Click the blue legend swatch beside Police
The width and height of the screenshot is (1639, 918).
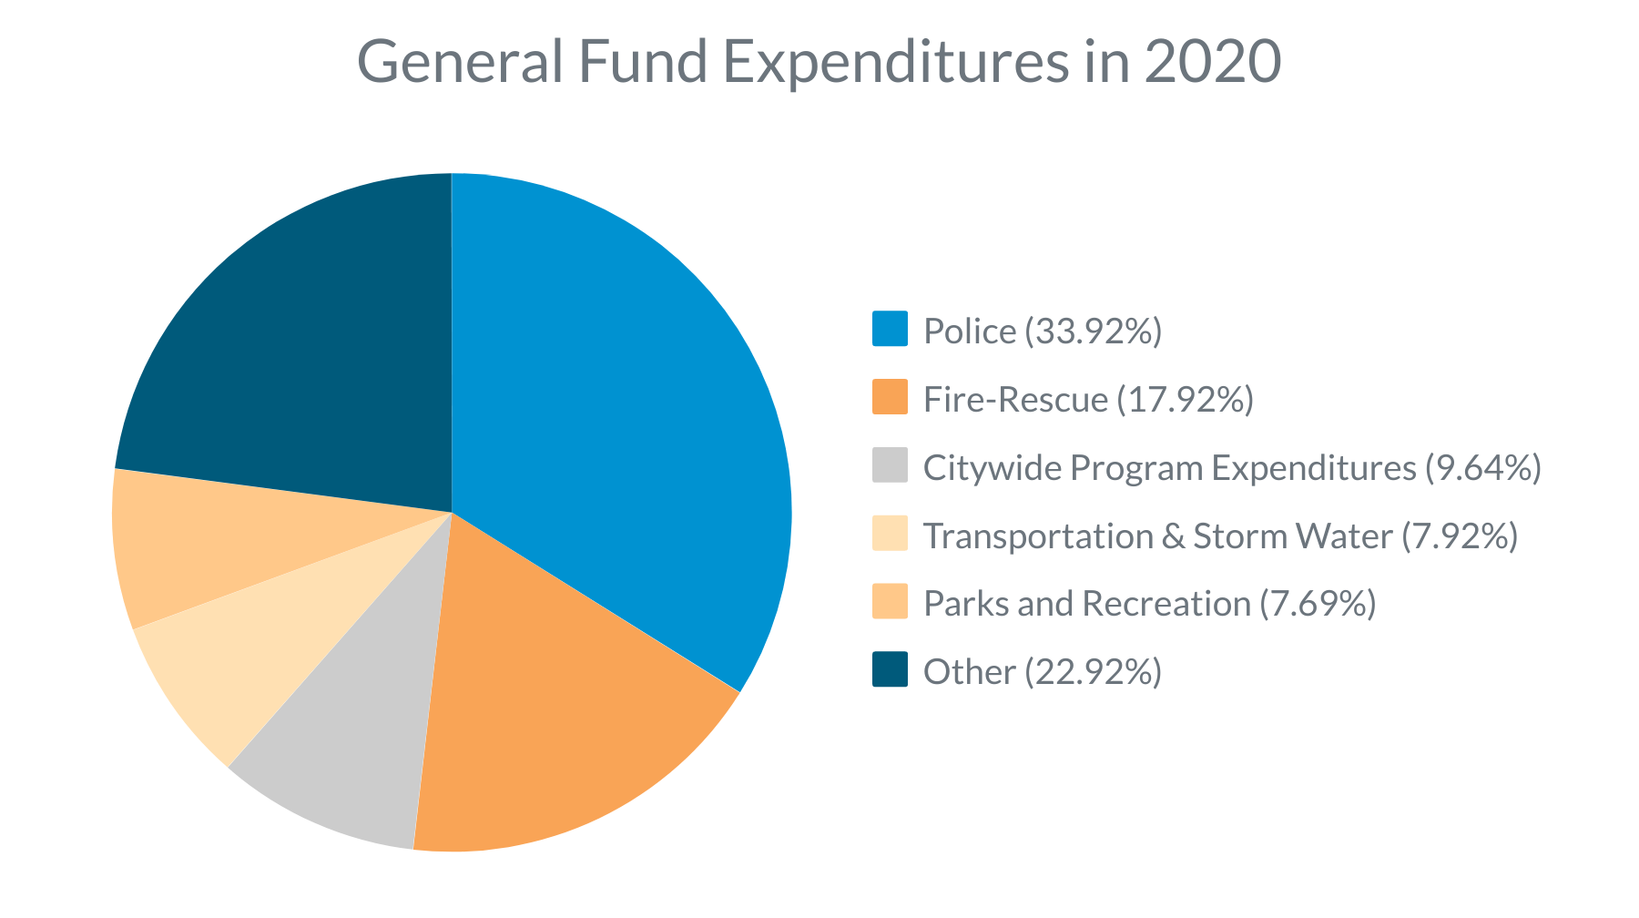890,329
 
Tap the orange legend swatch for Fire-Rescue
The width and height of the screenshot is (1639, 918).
890,397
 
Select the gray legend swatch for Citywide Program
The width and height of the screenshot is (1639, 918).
890,465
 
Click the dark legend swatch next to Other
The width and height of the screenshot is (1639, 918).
890,669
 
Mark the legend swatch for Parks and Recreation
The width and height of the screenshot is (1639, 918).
890,602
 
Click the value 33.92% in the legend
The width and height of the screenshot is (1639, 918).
1094,331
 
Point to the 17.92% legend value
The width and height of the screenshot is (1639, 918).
1185,399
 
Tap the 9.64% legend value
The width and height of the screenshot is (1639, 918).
1482,467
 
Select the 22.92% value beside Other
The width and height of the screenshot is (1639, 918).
1094,672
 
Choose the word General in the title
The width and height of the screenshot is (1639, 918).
460,62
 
